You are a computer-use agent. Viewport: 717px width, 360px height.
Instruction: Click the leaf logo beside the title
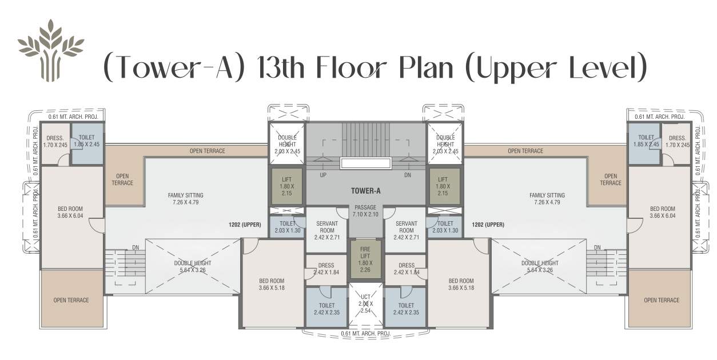50,50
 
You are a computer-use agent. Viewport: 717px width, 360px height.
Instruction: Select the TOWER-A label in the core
365,192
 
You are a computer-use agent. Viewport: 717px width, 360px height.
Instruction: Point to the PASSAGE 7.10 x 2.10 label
365,210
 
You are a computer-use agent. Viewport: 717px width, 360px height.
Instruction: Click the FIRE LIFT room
365,259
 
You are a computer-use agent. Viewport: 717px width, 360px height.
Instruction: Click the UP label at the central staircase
323,175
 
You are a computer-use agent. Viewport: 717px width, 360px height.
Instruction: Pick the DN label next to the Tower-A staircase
408,175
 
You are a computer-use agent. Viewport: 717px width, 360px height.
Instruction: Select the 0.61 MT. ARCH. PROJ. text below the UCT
365,334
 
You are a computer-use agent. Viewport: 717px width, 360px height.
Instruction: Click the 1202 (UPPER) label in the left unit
245,225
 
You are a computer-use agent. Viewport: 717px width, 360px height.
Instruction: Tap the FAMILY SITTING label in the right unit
547,198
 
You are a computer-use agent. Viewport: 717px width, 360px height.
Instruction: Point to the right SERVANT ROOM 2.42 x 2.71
406,229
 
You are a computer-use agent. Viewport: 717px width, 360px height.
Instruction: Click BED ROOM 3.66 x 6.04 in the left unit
71,213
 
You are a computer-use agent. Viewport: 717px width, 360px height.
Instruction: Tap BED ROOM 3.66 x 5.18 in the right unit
460,284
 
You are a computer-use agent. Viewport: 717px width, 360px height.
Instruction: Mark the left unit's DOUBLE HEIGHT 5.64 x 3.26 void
192,266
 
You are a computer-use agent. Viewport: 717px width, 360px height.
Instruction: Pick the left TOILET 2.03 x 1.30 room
287,227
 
